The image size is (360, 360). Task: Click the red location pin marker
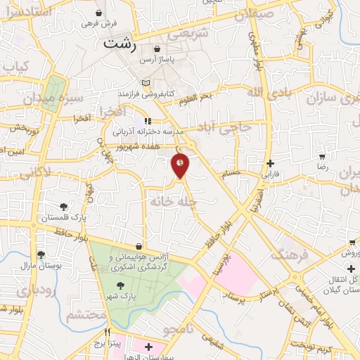click(x=181, y=165)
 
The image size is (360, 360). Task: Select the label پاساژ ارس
click(x=155, y=61)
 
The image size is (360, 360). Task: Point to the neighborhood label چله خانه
click(x=170, y=201)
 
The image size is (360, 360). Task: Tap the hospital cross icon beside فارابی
click(x=271, y=162)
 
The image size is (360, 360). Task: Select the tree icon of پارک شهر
click(x=120, y=285)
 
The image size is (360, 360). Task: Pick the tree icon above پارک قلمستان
click(x=64, y=207)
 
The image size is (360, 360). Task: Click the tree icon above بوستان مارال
click(x=41, y=254)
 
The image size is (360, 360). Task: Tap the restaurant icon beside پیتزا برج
click(x=108, y=332)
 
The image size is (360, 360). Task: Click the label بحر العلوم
click(x=195, y=96)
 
